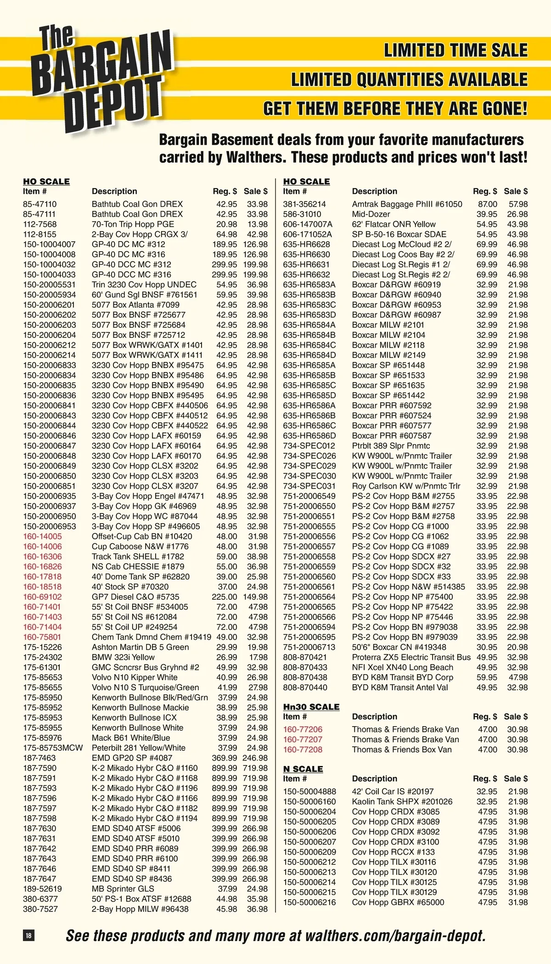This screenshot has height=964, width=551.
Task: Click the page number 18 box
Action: point(28,935)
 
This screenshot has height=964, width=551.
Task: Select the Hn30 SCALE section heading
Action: point(311,707)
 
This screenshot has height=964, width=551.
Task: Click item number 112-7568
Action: point(40,224)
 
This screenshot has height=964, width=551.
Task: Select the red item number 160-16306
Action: point(42,556)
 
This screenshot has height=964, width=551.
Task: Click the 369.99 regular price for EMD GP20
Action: point(224,758)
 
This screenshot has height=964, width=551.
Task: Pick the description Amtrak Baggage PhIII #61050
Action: point(407,204)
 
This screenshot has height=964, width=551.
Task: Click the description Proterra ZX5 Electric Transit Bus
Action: point(411,657)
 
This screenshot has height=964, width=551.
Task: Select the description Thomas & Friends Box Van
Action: point(402,750)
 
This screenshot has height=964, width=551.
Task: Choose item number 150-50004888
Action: point(309,791)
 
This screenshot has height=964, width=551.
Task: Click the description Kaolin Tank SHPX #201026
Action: point(402,801)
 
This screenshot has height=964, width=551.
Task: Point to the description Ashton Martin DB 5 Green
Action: point(140,647)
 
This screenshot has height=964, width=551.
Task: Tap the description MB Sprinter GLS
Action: point(123,889)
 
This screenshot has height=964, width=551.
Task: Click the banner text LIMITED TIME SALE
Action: point(455,50)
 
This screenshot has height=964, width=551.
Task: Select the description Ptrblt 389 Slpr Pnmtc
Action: point(391,445)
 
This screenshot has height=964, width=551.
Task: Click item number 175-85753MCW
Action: point(53,748)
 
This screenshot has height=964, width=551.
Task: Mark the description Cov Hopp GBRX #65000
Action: point(398,902)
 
